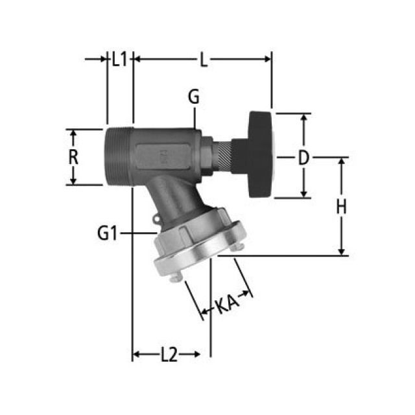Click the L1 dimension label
(120, 59)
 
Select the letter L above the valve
(203, 59)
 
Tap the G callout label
(194, 97)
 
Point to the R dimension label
(73, 157)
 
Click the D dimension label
(303, 158)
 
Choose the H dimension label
(342, 207)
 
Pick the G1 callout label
(107, 233)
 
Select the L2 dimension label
(169, 355)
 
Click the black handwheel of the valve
(260, 155)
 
